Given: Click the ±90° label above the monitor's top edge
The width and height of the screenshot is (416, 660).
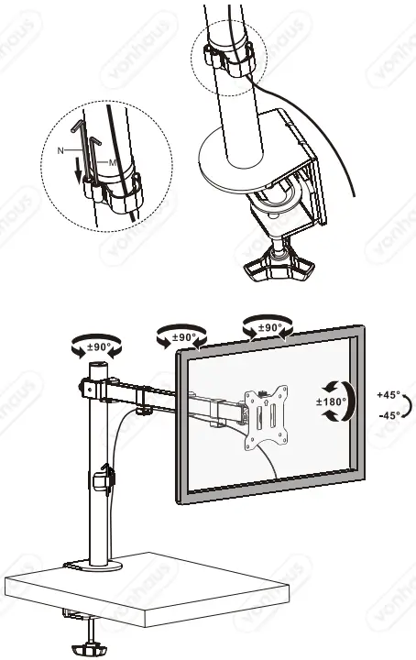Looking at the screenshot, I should (x=267, y=327).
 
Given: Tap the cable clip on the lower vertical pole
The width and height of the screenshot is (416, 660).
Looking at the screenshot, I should (x=103, y=479).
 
